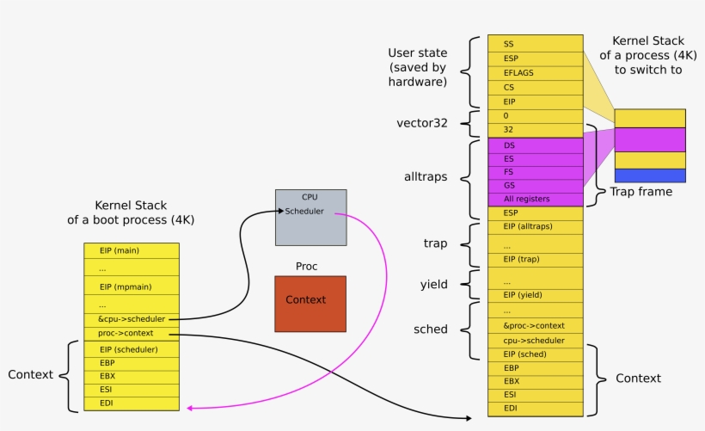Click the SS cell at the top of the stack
tap(534, 43)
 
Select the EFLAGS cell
tap(534, 73)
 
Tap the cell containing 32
tap(534, 130)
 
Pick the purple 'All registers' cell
tap(534, 199)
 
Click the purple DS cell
tap(534, 145)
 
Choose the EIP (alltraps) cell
tap(534, 226)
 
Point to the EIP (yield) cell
tap(534, 295)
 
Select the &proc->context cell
tap(534, 325)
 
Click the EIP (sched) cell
tap(534, 354)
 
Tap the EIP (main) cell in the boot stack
tap(132, 250)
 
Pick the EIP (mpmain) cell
tap(132, 286)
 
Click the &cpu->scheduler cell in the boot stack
tap(132, 319)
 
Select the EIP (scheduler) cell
tap(132, 349)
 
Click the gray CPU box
tap(310, 217)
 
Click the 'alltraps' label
tap(426, 177)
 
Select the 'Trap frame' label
tap(641, 192)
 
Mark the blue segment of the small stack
tap(649, 175)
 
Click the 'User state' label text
tap(417, 53)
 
